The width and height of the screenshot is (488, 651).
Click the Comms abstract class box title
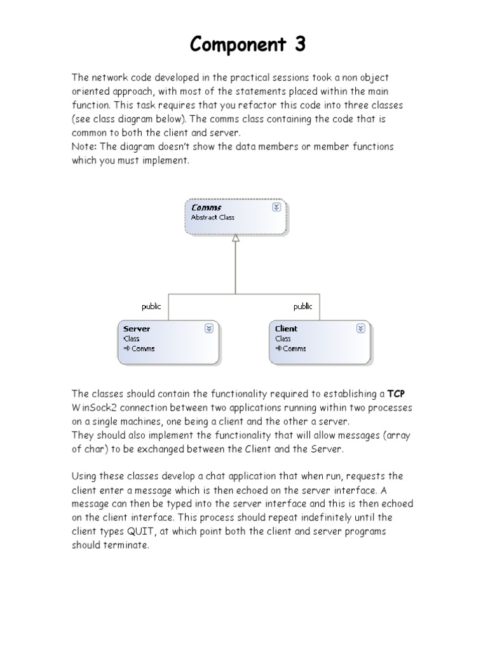(x=207, y=207)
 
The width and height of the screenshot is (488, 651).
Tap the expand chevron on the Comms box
(x=276, y=207)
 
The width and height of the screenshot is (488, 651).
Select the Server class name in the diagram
(x=137, y=329)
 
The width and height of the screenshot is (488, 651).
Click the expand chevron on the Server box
(x=208, y=328)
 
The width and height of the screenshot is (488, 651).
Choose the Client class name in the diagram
(x=286, y=329)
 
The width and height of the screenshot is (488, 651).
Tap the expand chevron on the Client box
(x=360, y=328)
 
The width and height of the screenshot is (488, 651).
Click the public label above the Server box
(x=151, y=306)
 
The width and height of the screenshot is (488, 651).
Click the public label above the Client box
(x=302, y=306)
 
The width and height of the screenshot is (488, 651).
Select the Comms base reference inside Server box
(x=142, y=348)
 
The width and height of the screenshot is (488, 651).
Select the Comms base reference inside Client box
(x=294, y=348)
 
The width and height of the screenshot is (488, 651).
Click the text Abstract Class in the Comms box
(x=213, y=217)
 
